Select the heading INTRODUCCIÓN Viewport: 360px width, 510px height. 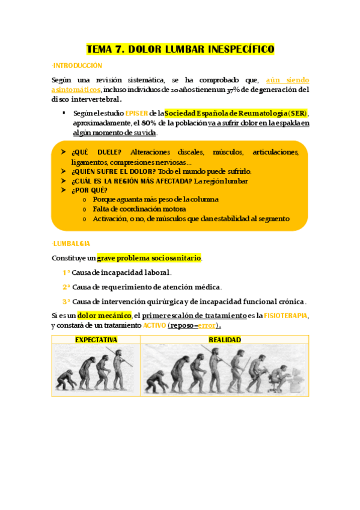tap(78, 66)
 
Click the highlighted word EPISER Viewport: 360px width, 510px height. tap(136, 113)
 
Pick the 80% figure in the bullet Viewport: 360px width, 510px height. tap(174, 123)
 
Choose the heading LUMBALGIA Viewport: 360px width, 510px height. tap(72, 244)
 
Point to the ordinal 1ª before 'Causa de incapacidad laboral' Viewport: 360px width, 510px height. tap(66, 272)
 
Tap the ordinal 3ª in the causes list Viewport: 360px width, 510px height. tap(66, 301)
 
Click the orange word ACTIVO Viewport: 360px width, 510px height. tap(155, 325)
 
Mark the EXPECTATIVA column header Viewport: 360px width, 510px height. tap(96, 340)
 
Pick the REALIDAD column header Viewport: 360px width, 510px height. tap(225, 340)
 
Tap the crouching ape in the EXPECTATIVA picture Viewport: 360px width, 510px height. tap(64, 380)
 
